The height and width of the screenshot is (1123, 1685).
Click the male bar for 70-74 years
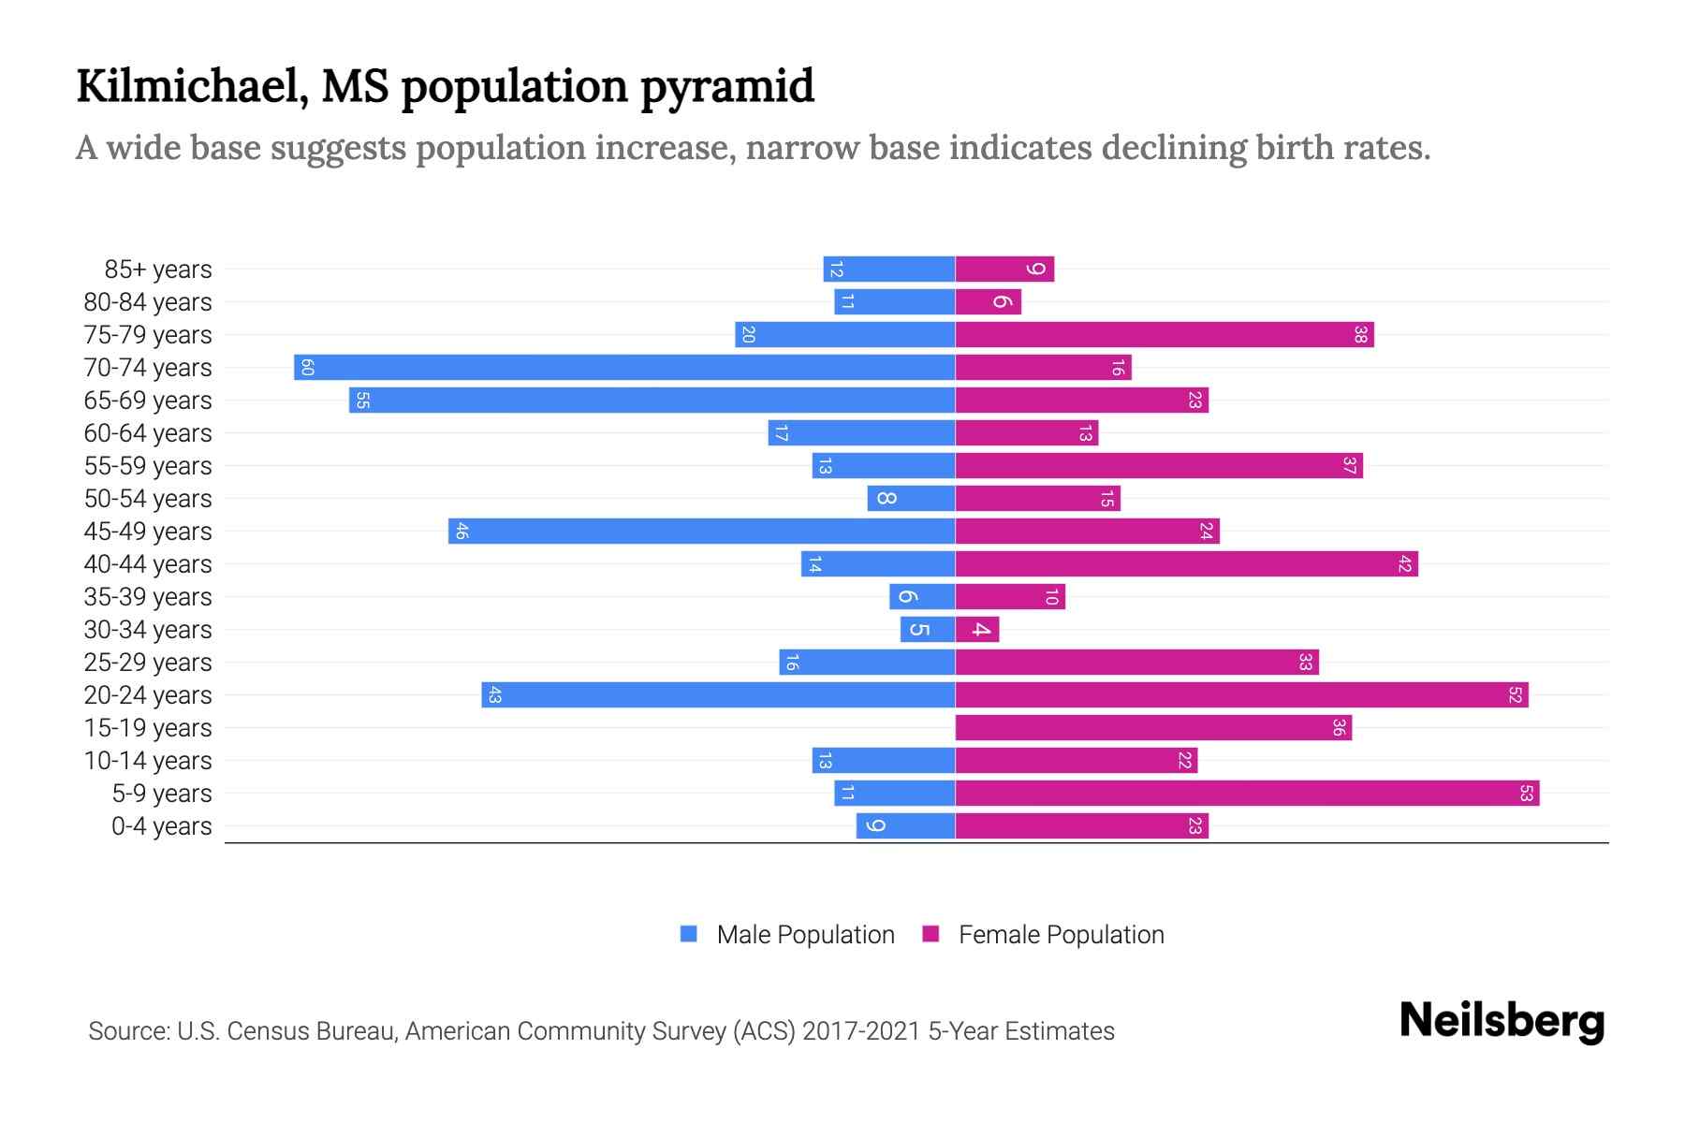click(x=624, y=367)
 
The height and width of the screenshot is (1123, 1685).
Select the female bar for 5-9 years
click(x=1247, y=793)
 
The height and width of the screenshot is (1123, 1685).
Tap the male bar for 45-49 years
click(x=701, y=531)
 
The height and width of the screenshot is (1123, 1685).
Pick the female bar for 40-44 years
click(x=1186, y=563)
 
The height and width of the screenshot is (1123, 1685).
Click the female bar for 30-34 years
click(x=977, y=629)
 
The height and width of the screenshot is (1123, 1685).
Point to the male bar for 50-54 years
click(x=911, y=498)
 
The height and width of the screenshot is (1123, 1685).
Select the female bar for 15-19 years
click(x=1153, y=727)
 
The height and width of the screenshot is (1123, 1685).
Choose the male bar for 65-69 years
click(x=652, y=400)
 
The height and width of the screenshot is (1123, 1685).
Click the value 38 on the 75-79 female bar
click(x=1360, y=334)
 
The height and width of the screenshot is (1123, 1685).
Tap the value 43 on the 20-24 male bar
click(x=495, y=694)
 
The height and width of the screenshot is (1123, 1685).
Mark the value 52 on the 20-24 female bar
click(x=1515, y=694)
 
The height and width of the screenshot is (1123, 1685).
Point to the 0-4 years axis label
click(x=161, y=826)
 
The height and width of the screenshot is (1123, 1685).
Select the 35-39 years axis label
click(x=148, y=597)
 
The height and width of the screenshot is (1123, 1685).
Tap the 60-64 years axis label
click(x=148, y=433)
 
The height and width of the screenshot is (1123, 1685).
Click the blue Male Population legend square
click(x=689, y=934)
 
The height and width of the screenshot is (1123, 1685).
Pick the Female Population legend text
click(x=1061, y=934)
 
